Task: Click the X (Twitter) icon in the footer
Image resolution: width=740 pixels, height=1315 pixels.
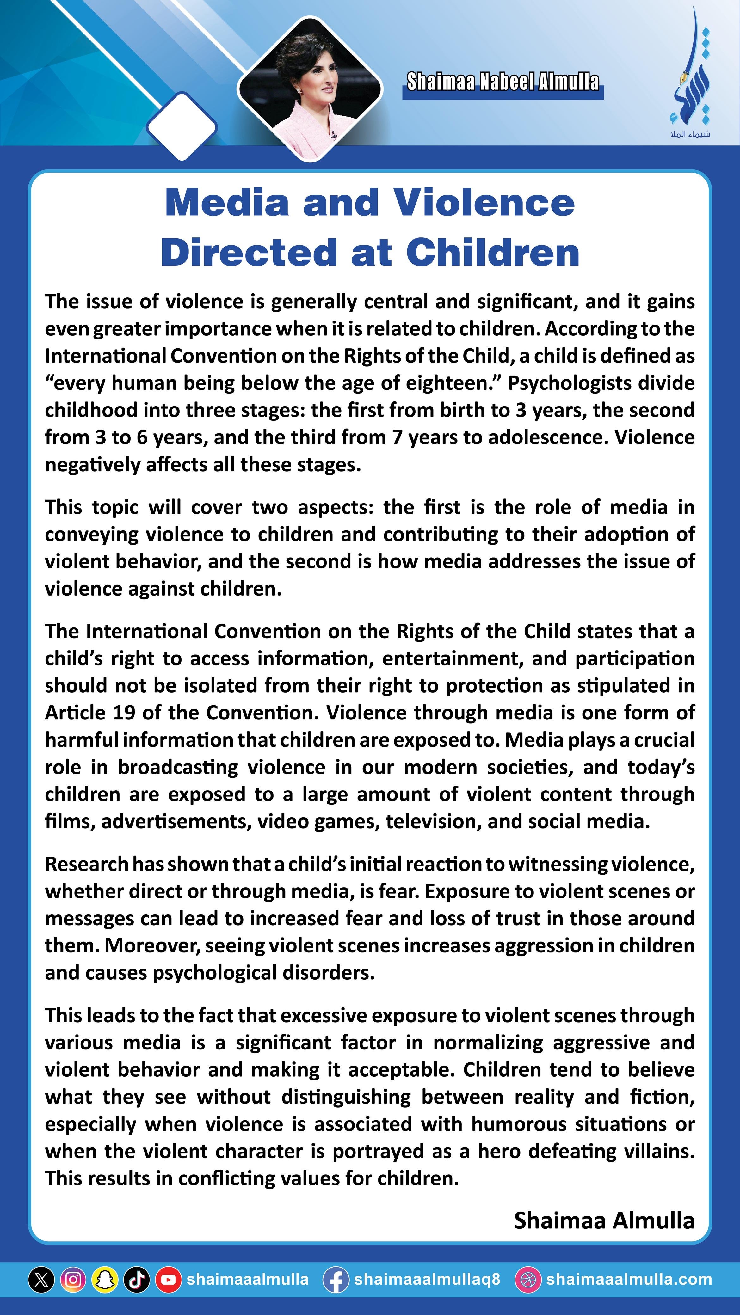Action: [x=41, y=1279]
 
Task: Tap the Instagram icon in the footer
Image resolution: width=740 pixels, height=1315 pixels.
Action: [x=73, y=1279]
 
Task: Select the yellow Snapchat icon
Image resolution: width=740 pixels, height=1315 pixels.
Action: [x=105, y=1279]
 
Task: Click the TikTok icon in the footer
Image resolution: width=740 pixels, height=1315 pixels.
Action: [x=136, y=1279]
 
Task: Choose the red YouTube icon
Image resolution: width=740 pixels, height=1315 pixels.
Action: [x=169, y=1279]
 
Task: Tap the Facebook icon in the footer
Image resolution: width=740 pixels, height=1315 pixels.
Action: [x=336, y=1279]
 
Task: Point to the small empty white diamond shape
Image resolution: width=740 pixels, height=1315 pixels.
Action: [x=182, y=126]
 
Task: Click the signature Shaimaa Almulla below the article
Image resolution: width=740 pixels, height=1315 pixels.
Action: [x=604, y=1220]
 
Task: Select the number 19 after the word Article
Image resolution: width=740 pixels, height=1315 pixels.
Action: [x=124, y=713]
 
